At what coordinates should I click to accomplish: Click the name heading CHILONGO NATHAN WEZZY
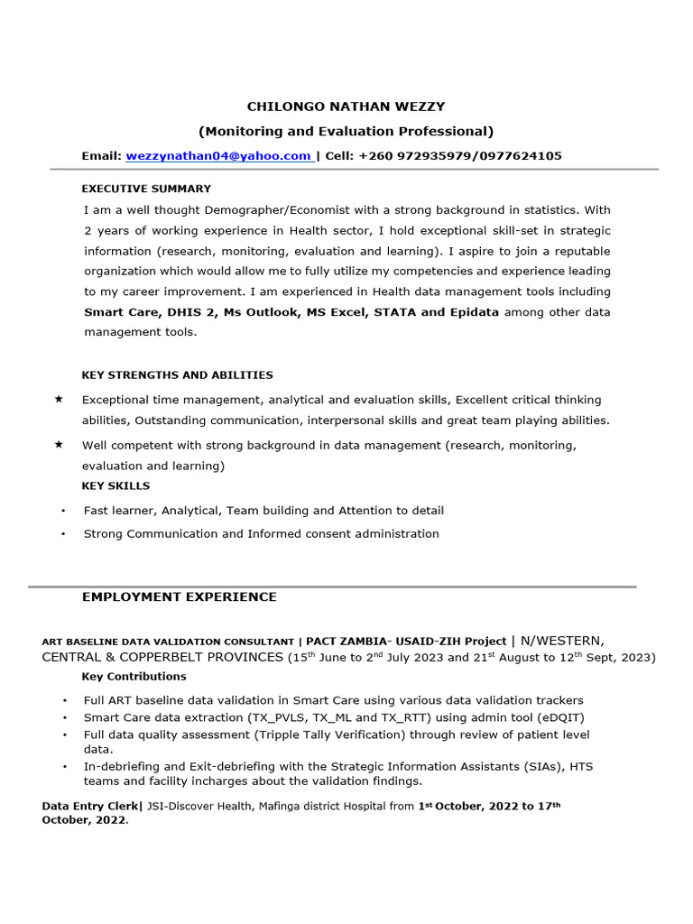[347, 106]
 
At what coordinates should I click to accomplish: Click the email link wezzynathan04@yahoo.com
[218, 156]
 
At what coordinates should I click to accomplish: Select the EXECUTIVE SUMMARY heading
[146, 189]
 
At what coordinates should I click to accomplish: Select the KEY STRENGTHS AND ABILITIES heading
[177, 374]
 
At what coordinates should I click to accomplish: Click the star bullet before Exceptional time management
[59, 399]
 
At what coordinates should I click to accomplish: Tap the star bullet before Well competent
[59, 444]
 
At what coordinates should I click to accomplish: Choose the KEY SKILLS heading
[115, 485]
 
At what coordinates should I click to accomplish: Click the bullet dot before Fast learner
[63, 511]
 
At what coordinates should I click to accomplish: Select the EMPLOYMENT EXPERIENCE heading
[180, 596]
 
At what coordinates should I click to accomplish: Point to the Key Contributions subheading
[134, 676]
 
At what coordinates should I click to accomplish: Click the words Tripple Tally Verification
[343, 735]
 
